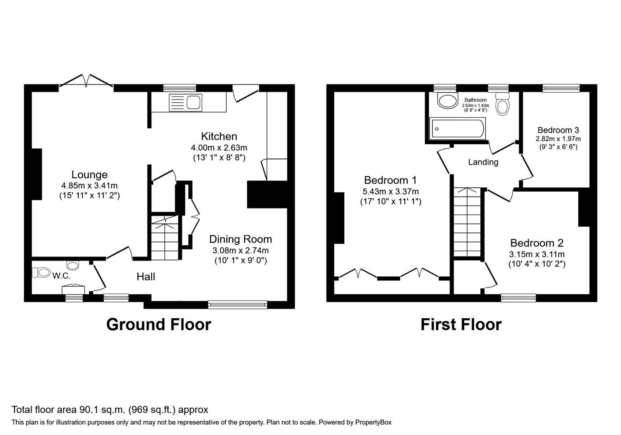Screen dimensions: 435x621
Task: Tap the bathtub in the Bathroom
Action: (x=457, y=128)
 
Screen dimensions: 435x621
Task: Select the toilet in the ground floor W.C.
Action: (x=41, y=273)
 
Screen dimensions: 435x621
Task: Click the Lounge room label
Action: (x=89, y=175)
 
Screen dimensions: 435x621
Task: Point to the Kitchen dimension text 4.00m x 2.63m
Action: (x=219, y=148)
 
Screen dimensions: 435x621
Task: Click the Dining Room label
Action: (x=240, y=239)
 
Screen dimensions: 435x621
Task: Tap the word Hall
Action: (x=146, y=277)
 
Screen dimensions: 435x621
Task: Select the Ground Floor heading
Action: (x=158, y=325)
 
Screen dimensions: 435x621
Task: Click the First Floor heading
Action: (x=461, y=325)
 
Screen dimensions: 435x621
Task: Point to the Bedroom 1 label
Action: (x=390, y=180)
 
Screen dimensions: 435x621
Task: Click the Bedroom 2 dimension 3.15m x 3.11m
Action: (x=536, y=255)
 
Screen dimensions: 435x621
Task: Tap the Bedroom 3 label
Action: (x=558, y=130)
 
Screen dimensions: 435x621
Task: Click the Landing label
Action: (x=483, y=162)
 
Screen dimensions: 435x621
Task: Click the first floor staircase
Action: (x=468, y=222)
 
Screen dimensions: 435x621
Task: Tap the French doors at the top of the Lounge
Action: (x=86, y=81)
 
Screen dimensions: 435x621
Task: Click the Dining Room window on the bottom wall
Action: (x=238, y=304)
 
